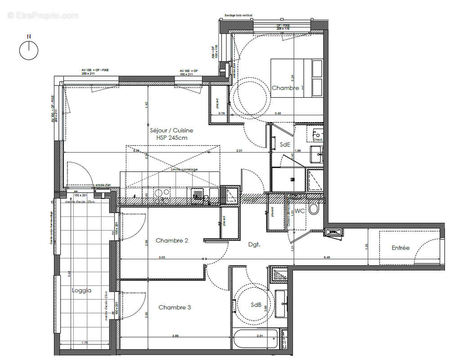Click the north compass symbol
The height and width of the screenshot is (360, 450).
click(x=29, y=49)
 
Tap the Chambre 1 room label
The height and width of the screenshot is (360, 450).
click(x=287, y=88)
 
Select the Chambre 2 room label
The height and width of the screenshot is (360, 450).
click(x=172, y=241)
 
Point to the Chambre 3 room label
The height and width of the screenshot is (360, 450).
click(x=174, y=307)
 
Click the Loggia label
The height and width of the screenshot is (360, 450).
click(x=81, y=290)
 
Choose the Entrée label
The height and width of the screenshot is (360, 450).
click(x=400, y=248)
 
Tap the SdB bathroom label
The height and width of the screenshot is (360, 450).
click(x=256, y=305)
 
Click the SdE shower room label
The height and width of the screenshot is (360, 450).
click(x=285, y=144)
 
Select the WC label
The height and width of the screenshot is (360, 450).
click(x=300, y=211)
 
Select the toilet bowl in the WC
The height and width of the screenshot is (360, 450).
click(x=314, y=210)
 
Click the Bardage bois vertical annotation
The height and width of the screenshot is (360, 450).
click(x=238, y=15)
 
